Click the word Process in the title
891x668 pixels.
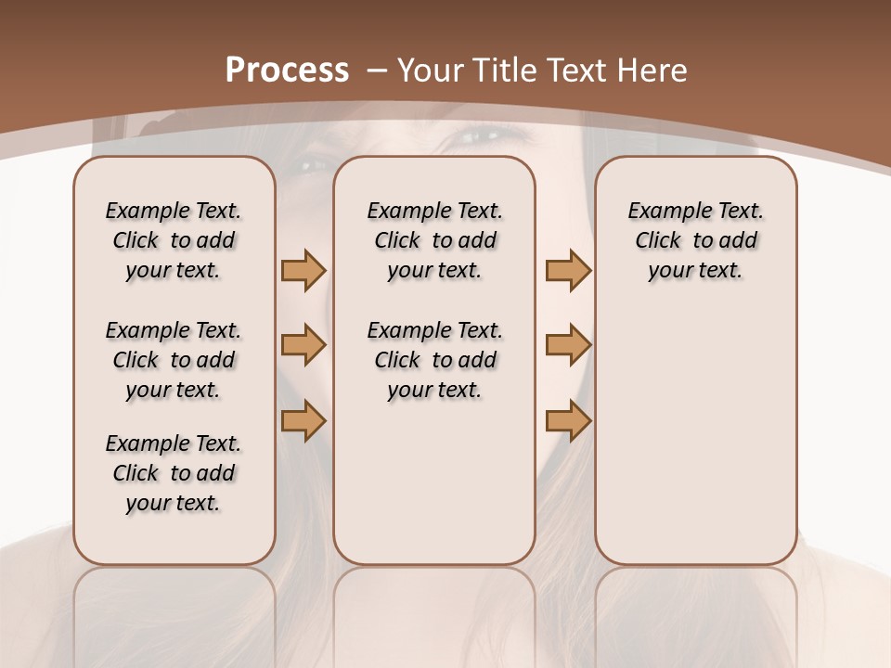tap(287, 71)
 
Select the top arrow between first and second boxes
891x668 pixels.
tap(303, 270)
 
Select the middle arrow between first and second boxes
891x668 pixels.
tap(303, 345)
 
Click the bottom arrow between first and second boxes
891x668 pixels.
tap(303, 420)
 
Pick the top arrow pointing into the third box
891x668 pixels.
tap(568, 270)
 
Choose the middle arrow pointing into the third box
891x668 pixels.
tap(568, 345)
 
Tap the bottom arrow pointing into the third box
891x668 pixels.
tap(568, 420)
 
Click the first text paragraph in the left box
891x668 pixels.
tap(174, 240)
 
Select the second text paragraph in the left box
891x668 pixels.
tap(174, 360)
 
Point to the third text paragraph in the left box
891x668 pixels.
tap(174, 473)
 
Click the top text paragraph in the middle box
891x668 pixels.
tap(435, 240)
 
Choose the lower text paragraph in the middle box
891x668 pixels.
tap(435, 360)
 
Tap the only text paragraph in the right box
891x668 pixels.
tap(696, 240)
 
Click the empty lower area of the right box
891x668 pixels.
tap(696, 436)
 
